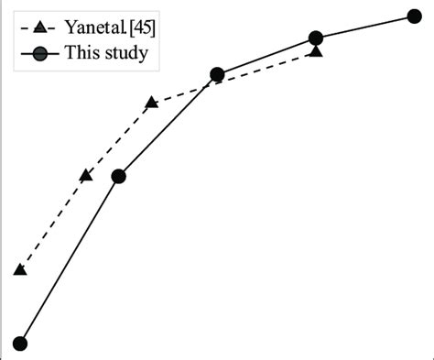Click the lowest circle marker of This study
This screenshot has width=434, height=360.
tap(19, 344)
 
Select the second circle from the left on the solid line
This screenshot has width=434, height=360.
tap(118, 177)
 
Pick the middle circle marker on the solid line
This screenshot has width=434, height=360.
tap(217, 75)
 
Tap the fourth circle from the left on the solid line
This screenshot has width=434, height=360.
tap(316, 38)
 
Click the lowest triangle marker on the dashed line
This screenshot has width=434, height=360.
tap(19, 269)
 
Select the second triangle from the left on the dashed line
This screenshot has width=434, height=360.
tap(86, 175)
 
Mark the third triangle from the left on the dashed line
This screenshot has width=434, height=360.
tap(152, 103)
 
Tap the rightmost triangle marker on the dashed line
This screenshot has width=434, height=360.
tap(316, 52)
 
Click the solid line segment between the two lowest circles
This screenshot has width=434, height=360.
tap(69, 260)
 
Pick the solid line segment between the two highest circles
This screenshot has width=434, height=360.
tap(365, 27)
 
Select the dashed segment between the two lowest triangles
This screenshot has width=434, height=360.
tap(52, 223)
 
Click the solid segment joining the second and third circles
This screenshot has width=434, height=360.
tap(168, 125)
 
